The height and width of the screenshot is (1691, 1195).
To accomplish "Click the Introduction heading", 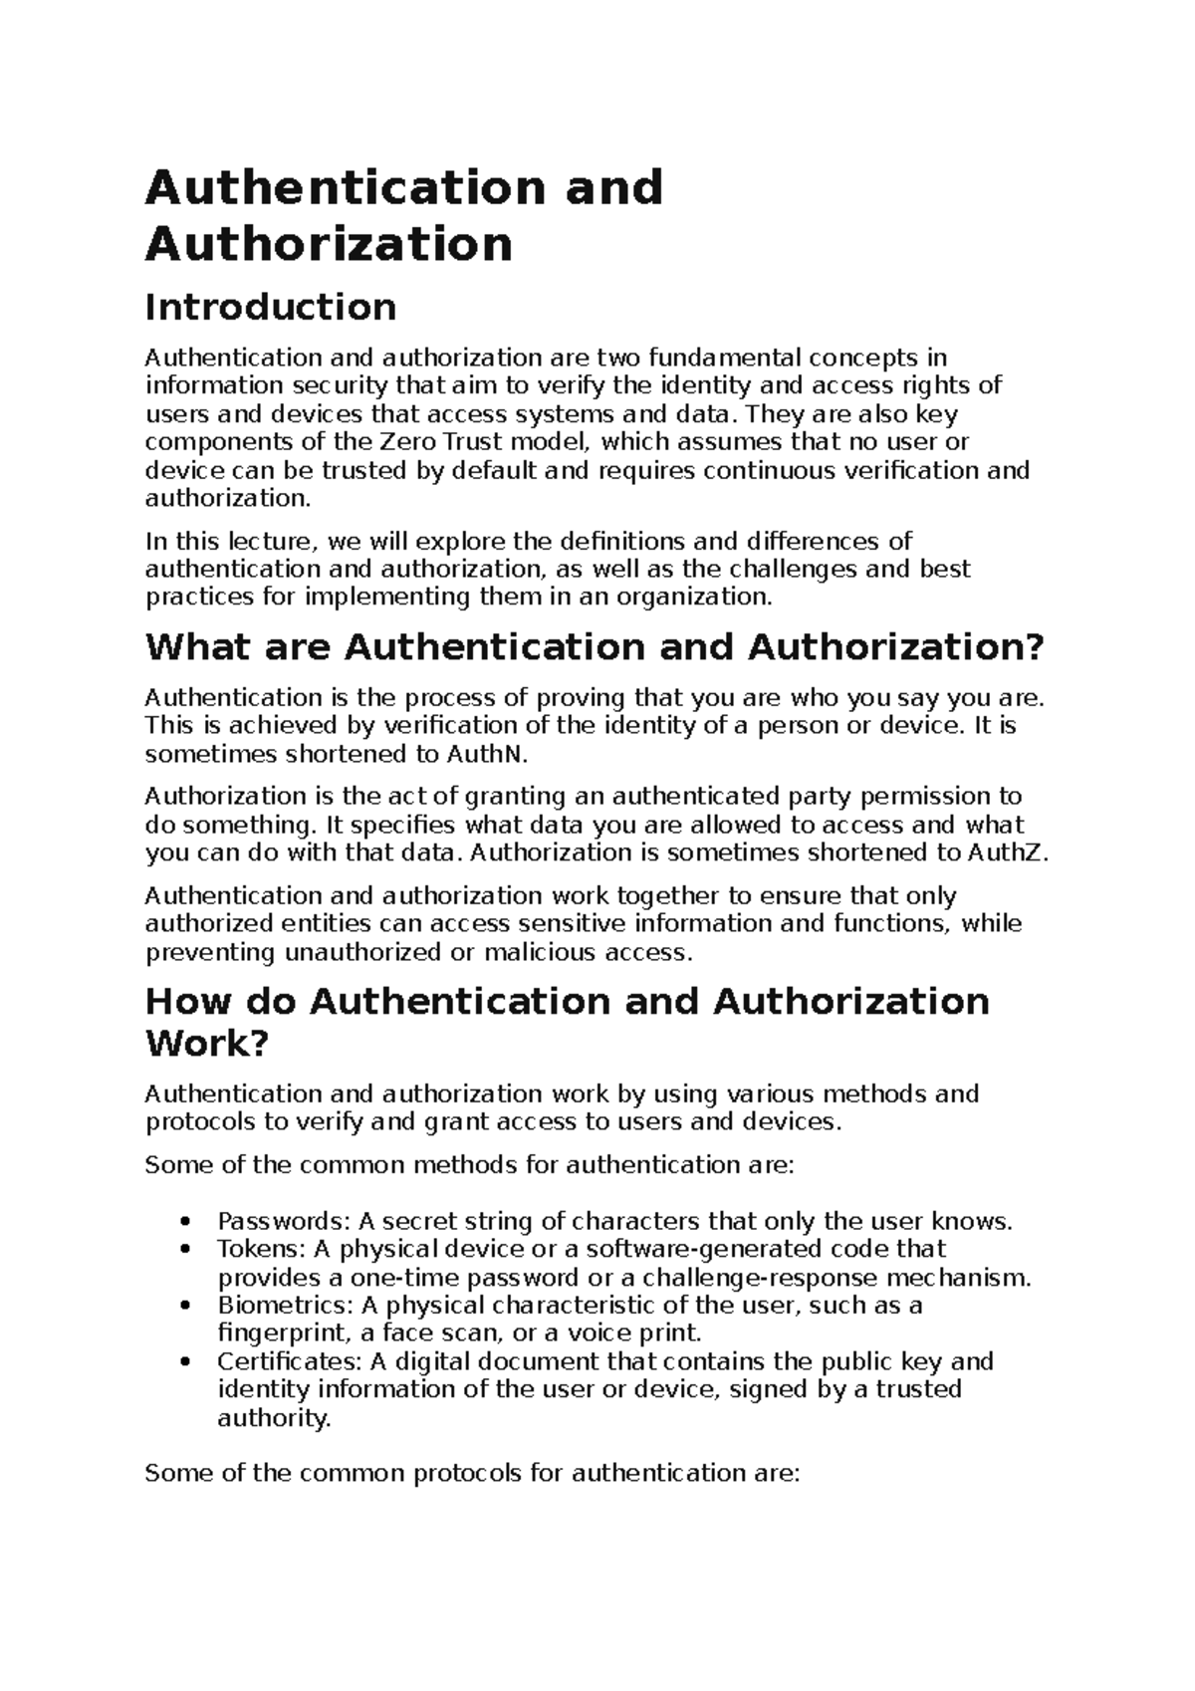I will coord(270,307).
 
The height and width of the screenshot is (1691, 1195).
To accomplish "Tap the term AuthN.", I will coord(485,754).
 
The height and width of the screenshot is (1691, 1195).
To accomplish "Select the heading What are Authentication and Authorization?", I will coord(595,647).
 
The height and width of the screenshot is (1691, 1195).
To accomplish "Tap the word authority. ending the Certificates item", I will coord(273,1418).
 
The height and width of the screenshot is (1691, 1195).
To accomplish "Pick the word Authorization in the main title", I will coord(329,243).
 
